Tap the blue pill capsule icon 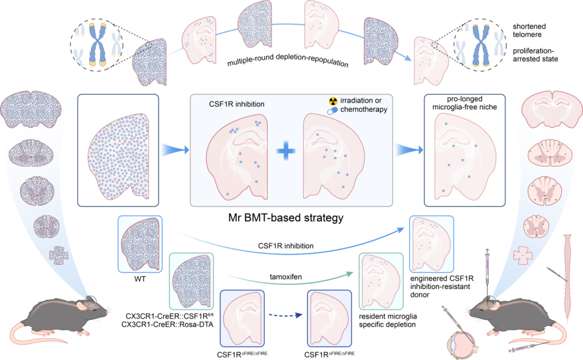coord(333,110)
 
